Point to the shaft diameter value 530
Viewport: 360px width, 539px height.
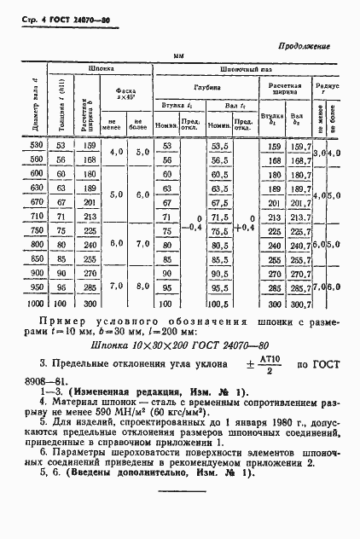38,146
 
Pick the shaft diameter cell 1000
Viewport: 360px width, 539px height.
36,303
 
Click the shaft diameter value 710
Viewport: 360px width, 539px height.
38,217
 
